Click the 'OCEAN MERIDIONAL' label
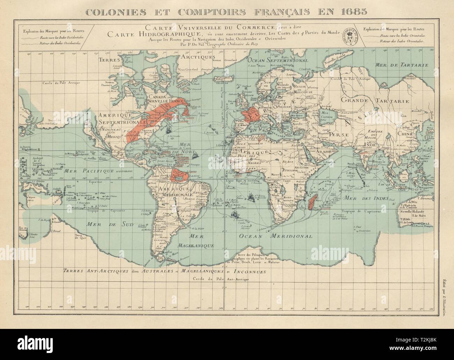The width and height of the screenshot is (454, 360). point(276,236)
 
